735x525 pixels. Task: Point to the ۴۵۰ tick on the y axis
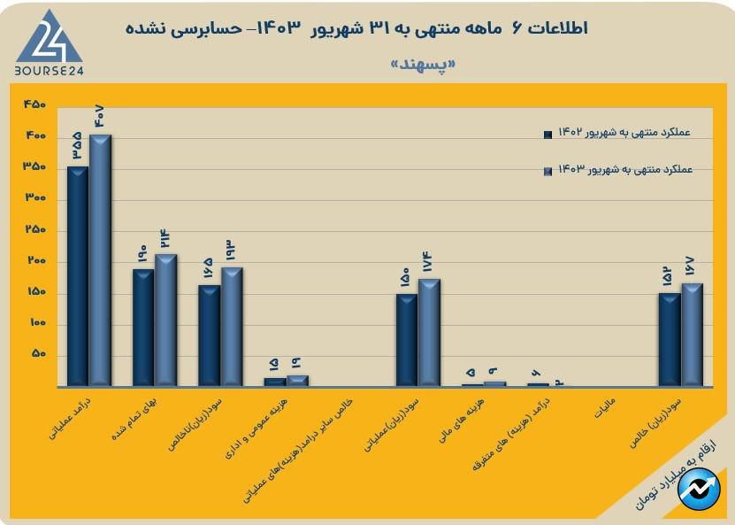[35, 105]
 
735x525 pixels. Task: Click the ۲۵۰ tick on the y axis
[35, 230]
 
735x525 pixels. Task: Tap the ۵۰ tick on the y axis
[38, 355]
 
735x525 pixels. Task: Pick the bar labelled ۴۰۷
[100, 260]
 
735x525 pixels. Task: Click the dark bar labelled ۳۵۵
[78, 276]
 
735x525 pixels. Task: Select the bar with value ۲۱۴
[165, 320]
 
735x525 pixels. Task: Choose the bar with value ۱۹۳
[232, 327]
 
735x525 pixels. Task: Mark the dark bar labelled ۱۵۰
[407, 340]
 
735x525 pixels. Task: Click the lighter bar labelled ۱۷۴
[429, 333]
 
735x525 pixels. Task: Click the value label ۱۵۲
[670, 277]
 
